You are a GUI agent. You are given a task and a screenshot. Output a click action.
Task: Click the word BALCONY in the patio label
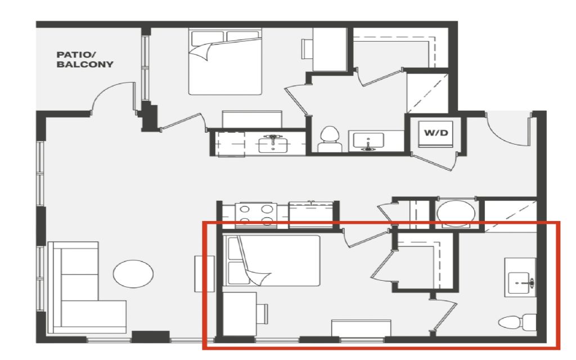pos(85,64)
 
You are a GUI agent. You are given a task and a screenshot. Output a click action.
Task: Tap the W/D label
pos(436,133)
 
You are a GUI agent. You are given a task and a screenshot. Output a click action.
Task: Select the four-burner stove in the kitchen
pos(256,214)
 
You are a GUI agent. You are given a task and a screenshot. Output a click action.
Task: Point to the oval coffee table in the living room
pos(133,274)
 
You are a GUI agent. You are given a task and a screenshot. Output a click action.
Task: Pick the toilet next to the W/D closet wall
pos(330,139)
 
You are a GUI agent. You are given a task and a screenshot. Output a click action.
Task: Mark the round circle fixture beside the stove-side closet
pos(456,213)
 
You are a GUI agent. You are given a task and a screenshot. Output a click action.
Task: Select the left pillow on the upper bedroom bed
pos(207,38)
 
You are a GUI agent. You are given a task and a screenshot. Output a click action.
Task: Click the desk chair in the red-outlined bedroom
pos(262,314)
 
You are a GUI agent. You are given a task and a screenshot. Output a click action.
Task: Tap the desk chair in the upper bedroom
pos(307,49)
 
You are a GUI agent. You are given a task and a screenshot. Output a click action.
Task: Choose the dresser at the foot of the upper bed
pos(252,119)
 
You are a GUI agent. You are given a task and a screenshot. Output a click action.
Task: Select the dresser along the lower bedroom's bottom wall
pos(361,328)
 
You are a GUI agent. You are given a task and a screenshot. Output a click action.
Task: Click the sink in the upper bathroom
pos(368,141)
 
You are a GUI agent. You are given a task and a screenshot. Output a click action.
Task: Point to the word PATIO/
pos(76,55)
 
